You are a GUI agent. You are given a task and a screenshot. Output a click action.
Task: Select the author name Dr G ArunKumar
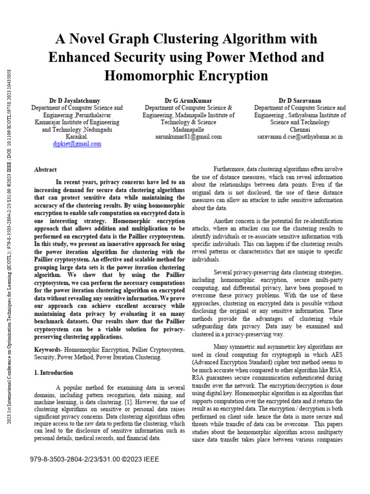(188, 100)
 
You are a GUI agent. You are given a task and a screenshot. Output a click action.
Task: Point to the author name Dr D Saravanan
(300, 100)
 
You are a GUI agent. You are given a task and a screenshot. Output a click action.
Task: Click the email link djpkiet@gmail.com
(77, 144)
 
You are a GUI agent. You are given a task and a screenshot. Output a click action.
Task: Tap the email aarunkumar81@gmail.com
(188, 137)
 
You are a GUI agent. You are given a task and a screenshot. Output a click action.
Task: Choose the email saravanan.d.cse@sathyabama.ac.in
(300, 137)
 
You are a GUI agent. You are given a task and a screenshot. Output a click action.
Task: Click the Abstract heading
(45, 170)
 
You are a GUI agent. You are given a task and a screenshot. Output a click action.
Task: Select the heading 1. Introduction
(53, 373)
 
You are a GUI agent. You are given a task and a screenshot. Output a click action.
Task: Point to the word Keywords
(47, 349)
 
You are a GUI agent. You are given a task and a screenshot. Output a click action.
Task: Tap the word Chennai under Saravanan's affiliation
(300, 129)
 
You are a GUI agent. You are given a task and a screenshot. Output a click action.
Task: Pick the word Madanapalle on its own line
(188, 129)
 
